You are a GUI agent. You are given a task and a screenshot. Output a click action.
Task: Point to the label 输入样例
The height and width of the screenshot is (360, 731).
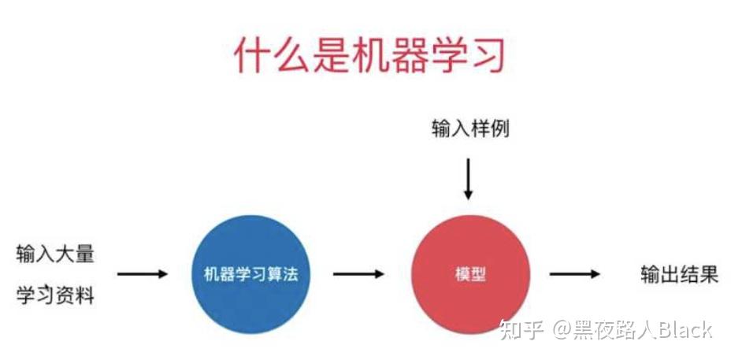click(x=470, y=128)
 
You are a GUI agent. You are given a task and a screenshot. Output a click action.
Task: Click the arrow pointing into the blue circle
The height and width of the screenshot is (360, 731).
click(x=143, y=274)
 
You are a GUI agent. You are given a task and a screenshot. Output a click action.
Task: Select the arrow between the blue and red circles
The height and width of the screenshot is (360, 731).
click(x=358, y=274)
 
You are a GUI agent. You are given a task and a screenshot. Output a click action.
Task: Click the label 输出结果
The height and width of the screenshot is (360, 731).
click(x=679, y=275)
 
